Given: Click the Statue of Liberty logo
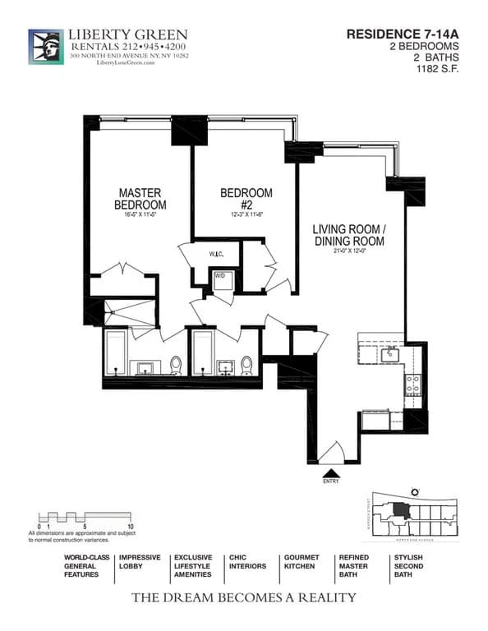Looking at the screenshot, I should tap(46, 46).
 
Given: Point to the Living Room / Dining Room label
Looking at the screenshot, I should tap(348, 235).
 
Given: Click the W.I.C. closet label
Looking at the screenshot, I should tap(218, 255).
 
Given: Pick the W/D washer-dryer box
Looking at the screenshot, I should tap(220, 277).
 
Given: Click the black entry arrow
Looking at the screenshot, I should tap(331, 473).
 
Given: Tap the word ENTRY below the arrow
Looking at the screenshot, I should tap(331, 484).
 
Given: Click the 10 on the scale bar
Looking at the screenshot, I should tap(131, 524).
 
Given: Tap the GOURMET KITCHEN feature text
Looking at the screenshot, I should tap(302, 562).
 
